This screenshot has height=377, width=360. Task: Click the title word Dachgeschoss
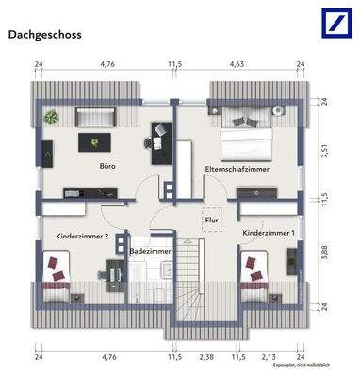(44, 35)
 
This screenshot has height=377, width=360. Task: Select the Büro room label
(108, 165)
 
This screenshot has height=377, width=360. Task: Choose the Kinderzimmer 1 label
(268, 232)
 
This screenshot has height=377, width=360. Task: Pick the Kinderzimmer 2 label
(82, 236)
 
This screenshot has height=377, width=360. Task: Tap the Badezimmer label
(151, 252)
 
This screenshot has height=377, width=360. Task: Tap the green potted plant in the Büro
(51, 117)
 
